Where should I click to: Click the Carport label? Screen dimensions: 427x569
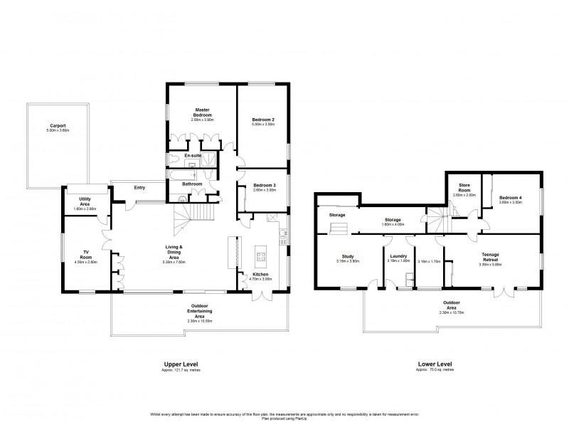(58, 126)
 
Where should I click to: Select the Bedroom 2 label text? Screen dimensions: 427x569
(262, 119)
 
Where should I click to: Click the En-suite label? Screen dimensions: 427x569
(192, 154)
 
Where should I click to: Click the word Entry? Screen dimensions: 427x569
(140, 188)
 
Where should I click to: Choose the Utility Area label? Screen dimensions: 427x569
(84, 204)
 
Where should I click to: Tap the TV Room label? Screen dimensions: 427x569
(85, 254)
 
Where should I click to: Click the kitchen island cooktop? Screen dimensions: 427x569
(259, 255)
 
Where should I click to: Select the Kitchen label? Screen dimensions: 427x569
(260, 275)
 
